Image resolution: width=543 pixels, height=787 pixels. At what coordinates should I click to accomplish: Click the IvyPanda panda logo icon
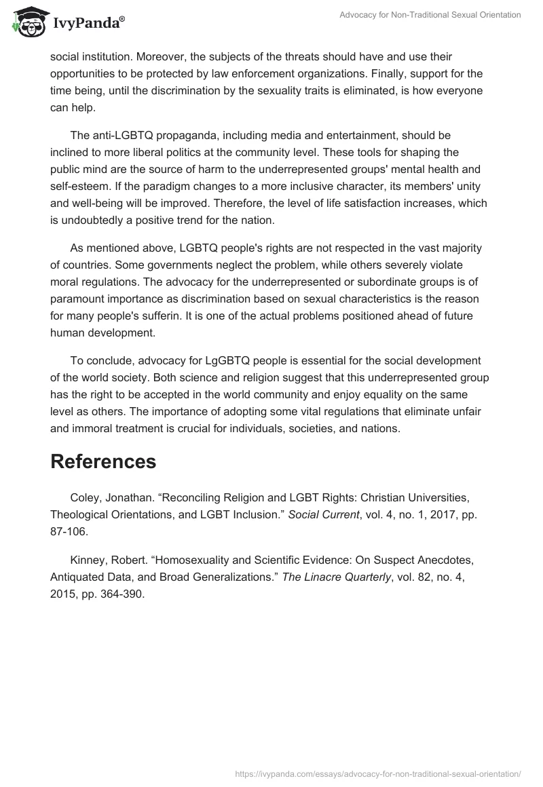[27, 22]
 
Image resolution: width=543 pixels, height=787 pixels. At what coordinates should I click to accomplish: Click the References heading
[103, 461]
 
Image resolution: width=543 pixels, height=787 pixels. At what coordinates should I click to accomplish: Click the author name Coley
[84, 497]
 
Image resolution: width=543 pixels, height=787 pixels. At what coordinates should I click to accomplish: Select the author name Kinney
[88, 559]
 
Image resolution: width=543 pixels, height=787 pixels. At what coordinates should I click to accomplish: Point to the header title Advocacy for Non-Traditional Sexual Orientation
[430, 15]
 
